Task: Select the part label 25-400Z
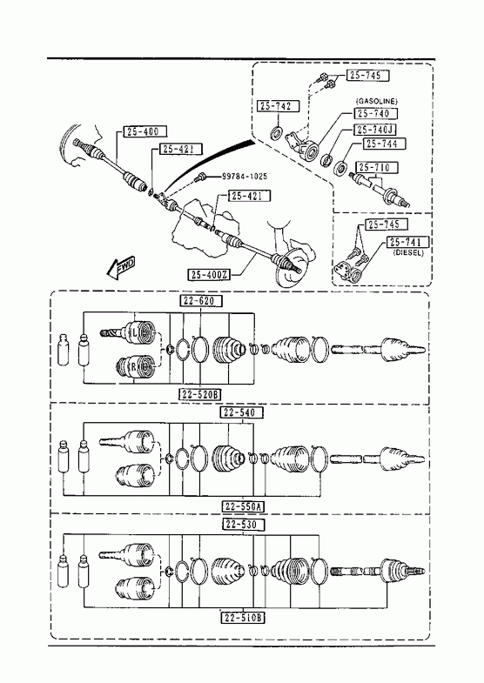(209, 275)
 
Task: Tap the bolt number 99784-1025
(245, 177)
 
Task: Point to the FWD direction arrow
(121, 267)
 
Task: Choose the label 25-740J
(375, 130)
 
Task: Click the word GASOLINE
(377, 101)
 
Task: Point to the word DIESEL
(408, 252)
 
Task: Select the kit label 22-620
(200, 300)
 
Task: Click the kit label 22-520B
(200, 394)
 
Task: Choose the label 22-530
(243, 525)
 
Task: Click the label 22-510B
(243, 618)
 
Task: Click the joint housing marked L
(138, 333)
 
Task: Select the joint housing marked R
(137, 367)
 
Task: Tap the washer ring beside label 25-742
(277, 132)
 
